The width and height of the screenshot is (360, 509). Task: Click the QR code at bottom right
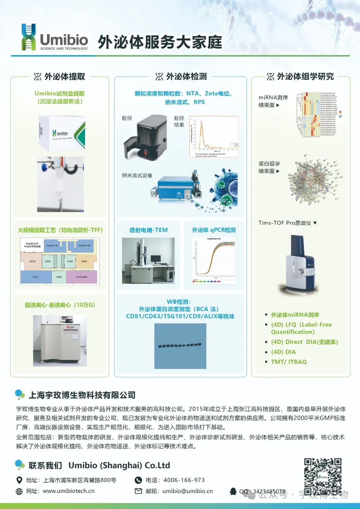point(322,477)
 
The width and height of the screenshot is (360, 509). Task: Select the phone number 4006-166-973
point(184,480)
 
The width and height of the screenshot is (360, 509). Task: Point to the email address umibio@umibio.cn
point(187,491)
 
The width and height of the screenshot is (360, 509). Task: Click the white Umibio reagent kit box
point(62,134)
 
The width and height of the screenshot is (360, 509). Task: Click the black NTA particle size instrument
point(146,137)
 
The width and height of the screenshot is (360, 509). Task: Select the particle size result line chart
point(214,137)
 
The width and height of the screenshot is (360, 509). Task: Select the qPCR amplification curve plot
point(214,260)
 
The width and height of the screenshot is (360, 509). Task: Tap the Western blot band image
point(180,346)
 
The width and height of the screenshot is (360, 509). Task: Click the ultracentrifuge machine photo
point(60,340)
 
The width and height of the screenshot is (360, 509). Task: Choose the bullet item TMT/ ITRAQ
point(289,362)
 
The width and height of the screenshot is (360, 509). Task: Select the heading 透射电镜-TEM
point(148,230)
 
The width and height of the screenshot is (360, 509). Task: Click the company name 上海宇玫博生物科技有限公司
point(82,395)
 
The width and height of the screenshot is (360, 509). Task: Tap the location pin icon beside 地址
point(19,480)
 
